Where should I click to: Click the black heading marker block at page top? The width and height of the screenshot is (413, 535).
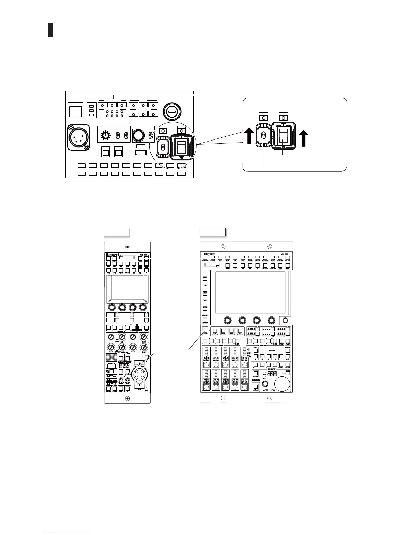pos(51,30)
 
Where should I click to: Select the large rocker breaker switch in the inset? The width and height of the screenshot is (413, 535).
pos(283,135)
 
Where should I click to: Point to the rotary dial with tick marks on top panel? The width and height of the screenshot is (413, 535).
pos(106,136)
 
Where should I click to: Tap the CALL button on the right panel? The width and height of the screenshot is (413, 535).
pos(256,387)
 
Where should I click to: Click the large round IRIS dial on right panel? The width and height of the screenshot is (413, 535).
pos(282,383)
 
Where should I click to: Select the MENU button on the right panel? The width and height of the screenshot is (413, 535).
pos(227,266)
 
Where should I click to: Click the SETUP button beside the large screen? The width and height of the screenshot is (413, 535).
pos(205,305)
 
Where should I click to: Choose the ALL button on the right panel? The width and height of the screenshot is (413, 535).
pos(240,331)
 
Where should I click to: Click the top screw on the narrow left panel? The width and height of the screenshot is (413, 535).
pos(127,246)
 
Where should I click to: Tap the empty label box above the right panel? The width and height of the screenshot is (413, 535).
pos(212,232)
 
